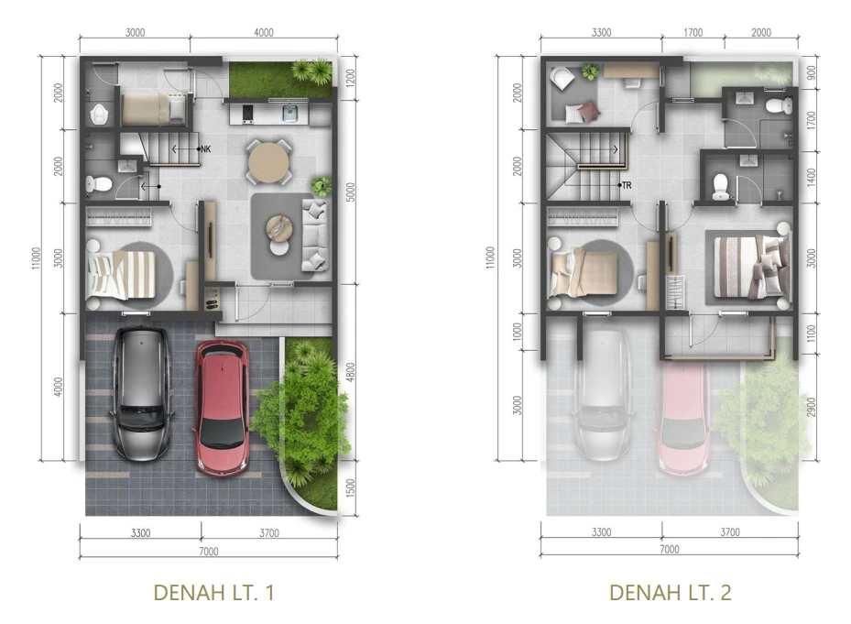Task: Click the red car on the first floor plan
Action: (x=222, y=408)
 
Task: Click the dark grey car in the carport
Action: (x=142, y=393)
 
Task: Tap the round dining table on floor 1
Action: (x=268, y=161)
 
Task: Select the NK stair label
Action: (x=206, y=148)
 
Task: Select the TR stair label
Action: (x=627, y=185)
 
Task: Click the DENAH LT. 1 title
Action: (x=213, y=593)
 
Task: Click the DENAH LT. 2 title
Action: (x=670, y=593)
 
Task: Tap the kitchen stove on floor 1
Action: (x=247, y=114)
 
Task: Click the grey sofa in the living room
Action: (x=315, y=235)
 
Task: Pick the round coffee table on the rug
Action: (x=279, y=228)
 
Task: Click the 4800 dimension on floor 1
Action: (x=351, y=372)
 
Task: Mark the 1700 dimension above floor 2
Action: (x=693, y=33)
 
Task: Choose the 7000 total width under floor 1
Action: (x=209, y=552)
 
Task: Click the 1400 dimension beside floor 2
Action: (x=811, y=177)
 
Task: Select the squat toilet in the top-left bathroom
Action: (x=98, y=114)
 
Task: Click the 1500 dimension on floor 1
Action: (x=351, y=488)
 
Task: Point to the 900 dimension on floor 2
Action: (x=811, y=72)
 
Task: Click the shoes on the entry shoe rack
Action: (x=211, y=298)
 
